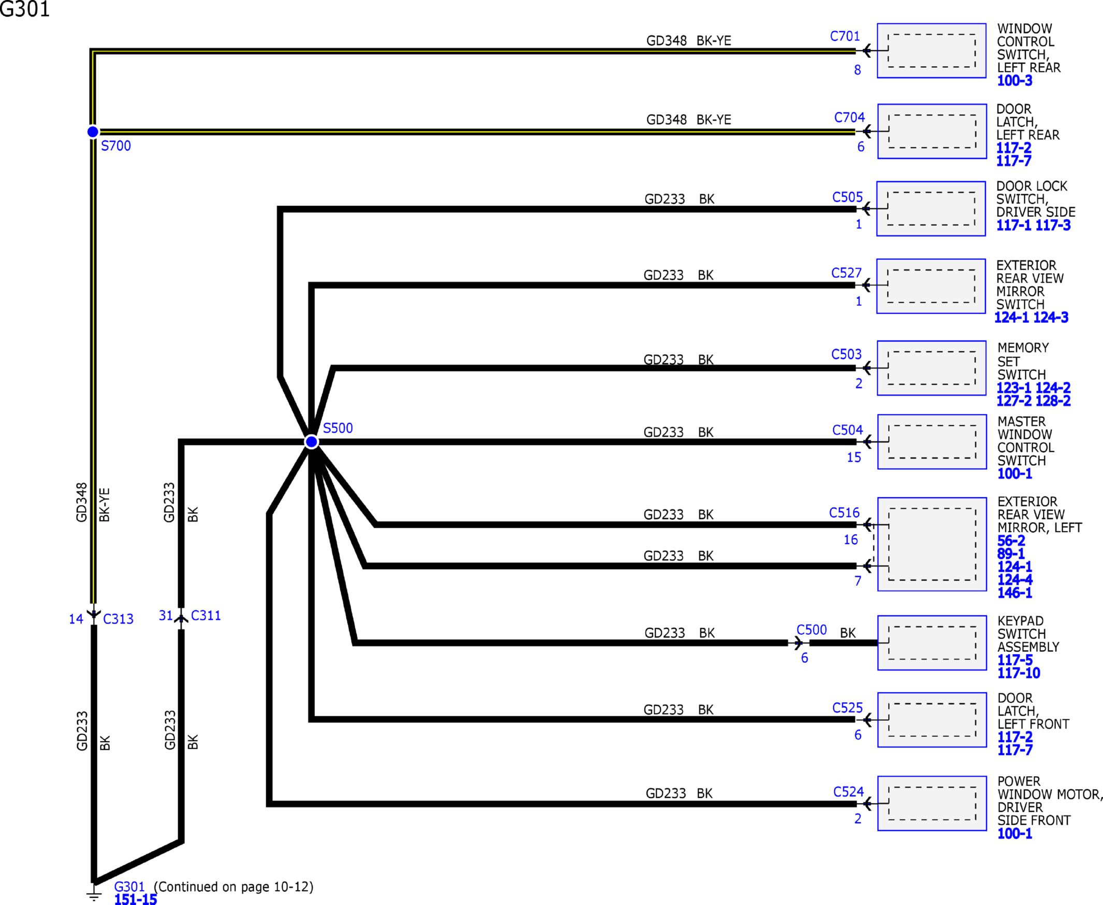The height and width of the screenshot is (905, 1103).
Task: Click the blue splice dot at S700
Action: coord(92,132)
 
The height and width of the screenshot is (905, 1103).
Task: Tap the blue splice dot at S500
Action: coord(312,442)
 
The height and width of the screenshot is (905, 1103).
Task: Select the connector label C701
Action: coord(845,37)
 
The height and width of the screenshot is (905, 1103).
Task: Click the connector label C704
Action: coord(849,118)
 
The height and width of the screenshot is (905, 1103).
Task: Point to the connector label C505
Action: coord(847,198)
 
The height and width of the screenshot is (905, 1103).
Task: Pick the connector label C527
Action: coord(846,273)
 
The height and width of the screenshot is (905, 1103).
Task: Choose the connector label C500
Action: coord(811,630)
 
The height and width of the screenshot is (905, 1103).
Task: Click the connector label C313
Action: coord(118,619)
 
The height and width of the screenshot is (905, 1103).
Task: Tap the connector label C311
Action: coord(206,616)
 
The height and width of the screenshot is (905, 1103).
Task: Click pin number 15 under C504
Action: coord(853,458)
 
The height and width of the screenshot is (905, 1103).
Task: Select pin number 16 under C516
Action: coord(850,540)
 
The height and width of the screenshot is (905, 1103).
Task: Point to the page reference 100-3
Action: coord(1014,81)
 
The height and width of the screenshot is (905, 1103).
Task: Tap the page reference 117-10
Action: coord(1019,673)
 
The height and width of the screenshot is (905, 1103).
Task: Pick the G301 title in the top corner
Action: coord(24,9)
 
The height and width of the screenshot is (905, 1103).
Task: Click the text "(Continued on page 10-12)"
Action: coord(234,887)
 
